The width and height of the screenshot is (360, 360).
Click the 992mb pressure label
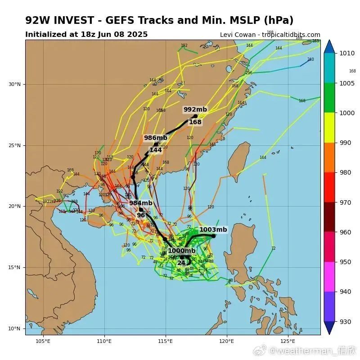(x=195, y=109)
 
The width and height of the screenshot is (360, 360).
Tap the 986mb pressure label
(x=155, y=138)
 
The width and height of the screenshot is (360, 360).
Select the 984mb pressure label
(x=141, y=203)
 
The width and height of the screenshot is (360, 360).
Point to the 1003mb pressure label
(x=213, y=229)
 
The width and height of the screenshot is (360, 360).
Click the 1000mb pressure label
(x=181, y=251)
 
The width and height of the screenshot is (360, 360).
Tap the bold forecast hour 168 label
(x=195, y=122)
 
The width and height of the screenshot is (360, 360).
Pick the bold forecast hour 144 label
(x=156, y=150)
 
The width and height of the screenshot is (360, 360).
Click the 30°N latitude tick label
(x=14, y=84)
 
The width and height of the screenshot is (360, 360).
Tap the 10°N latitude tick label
(x=14, y=328)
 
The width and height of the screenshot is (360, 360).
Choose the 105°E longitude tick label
(x=43, y=341)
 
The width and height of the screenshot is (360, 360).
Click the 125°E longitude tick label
(x=288, y=341)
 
